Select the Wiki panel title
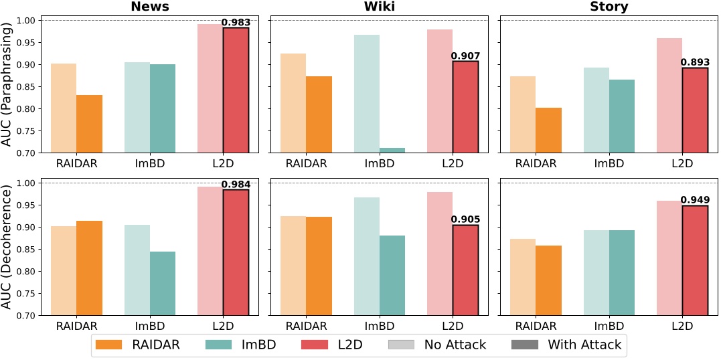(x=374, y=7)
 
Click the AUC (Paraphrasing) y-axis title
(x=8, y=84)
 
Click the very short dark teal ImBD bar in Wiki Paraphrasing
(x=392, y=150)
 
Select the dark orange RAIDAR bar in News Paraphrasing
(x=89, y=124)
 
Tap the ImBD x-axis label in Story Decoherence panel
(x=609, y=326)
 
